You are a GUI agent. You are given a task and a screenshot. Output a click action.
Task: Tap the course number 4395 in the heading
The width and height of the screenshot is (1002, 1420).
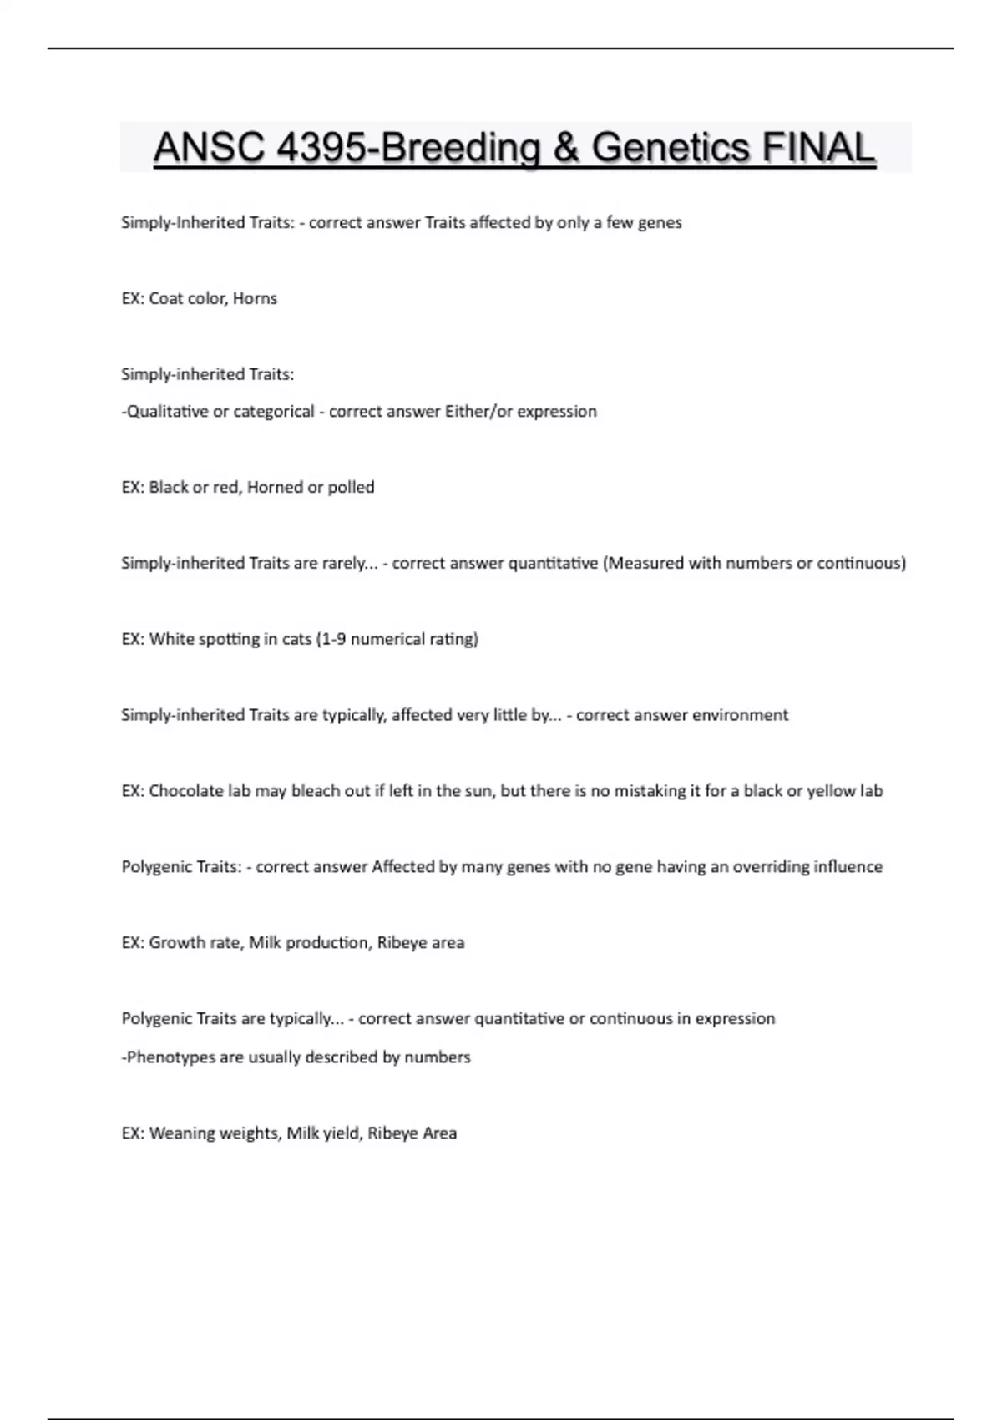click(321, 148)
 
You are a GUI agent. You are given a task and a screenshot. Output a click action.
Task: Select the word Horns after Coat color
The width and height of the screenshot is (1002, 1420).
click(255, 298)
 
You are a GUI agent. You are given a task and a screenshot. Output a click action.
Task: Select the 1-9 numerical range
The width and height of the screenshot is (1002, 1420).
click(333, 639)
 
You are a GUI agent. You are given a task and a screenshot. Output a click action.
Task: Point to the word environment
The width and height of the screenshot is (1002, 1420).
click(741, 715)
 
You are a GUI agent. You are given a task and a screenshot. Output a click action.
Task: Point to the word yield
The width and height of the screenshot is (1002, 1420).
click(341, 1133)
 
